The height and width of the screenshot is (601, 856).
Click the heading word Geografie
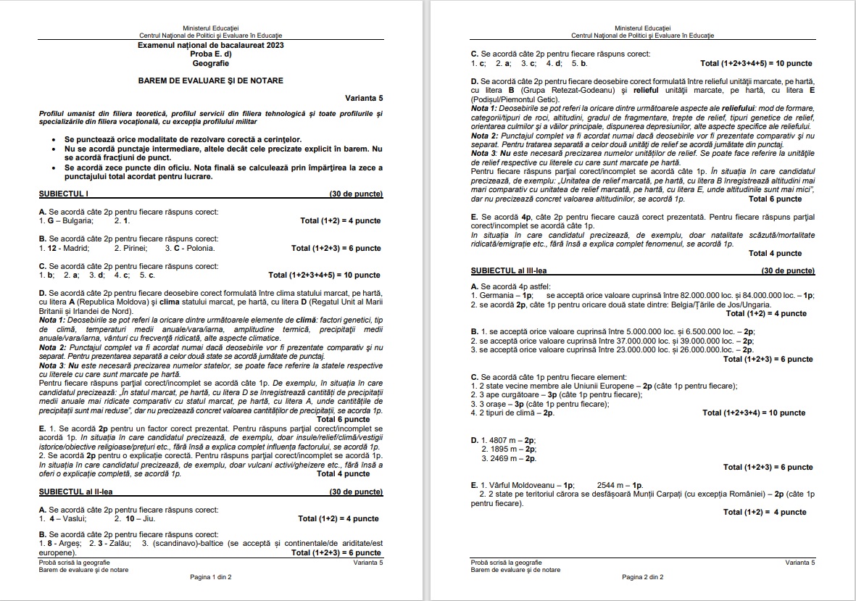coord(211,63)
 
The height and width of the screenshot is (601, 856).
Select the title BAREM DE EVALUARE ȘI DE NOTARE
coord(211,80)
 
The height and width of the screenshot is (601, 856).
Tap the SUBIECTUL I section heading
coord(64,194)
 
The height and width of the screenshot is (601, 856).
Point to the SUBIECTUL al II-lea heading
coord(76,492)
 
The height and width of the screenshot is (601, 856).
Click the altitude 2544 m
coord(612,485)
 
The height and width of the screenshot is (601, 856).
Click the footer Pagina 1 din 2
coord(210,577)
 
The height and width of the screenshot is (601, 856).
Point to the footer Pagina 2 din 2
coord(642,577)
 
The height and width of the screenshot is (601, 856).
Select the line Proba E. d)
coord(211,54)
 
